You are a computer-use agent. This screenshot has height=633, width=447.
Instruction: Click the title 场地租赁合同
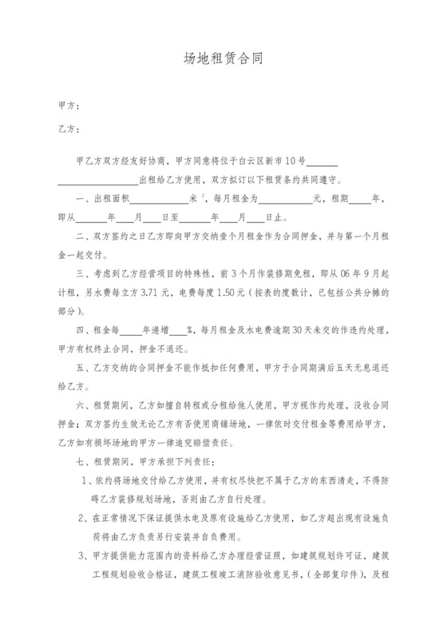(x=223, y=58)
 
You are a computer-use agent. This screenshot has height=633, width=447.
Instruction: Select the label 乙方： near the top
(x=68, y=129)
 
